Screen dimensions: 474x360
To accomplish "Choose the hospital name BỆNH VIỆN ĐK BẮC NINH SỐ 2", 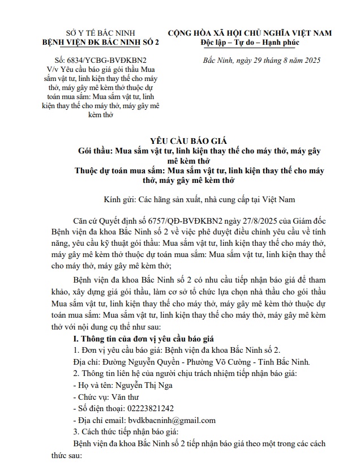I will click(82, 42).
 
